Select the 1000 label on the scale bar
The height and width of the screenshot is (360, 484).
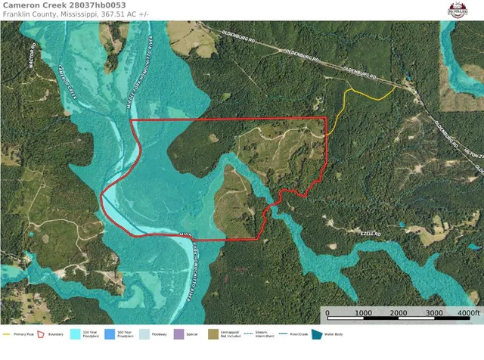pyautogui.click(x=363, y=312)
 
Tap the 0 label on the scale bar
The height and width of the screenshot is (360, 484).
pyautogui.click(x=327, y=312)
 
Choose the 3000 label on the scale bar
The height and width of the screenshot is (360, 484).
pyautogui.click(x=434, y=312)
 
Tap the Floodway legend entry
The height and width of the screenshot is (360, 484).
pyautogui.click(x=157, y=334)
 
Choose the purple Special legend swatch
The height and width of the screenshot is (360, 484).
pyautogui.click(x=178, y=333)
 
